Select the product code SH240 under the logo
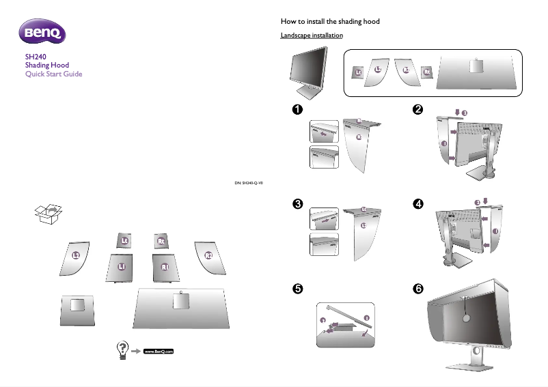point(35,57)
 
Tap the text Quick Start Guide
point(53,74)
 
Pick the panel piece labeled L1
point(121,266)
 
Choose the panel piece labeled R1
point(165,266)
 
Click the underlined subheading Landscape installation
point(312,35)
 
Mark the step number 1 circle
point(297,109)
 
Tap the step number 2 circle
point(418,109)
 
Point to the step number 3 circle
point(297,204)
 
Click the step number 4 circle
point(418,204)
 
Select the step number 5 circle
point(297,289)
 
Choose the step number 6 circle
point(418,289)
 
